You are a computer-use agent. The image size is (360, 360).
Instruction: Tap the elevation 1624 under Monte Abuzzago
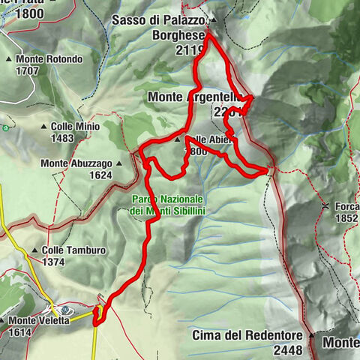tap(97, 175)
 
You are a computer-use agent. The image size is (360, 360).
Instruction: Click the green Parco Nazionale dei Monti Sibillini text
tap(166, 205)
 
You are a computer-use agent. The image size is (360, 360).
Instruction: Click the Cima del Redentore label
tap(247, 334)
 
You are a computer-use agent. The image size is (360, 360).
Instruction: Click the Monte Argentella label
tap(192, 97)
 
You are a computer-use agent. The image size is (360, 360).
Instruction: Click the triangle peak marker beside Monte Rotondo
tap(9, 59)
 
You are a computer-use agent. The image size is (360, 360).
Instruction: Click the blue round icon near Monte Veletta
tap(67, 309)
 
